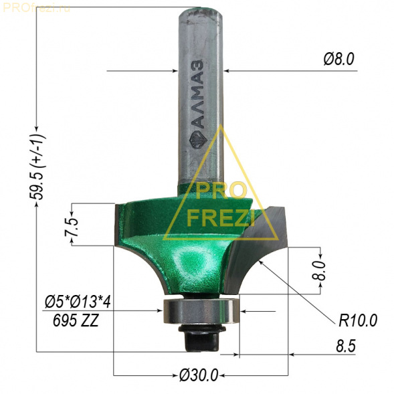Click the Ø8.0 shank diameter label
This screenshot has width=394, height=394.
point(338,60)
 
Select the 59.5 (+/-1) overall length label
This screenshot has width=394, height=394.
point(38,167)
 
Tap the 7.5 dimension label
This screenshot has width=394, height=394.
point(72,227)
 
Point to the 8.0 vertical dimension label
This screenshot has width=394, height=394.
point(318,270)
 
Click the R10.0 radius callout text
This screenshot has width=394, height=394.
point(358,320)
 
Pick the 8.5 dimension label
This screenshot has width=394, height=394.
point(346,347)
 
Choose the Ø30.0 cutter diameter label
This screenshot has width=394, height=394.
point(199,375)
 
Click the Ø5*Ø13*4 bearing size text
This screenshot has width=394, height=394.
point(78,302)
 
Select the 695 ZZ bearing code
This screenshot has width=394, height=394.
point(76,320)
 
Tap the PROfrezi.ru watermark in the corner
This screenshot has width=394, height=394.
point(37,8)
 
